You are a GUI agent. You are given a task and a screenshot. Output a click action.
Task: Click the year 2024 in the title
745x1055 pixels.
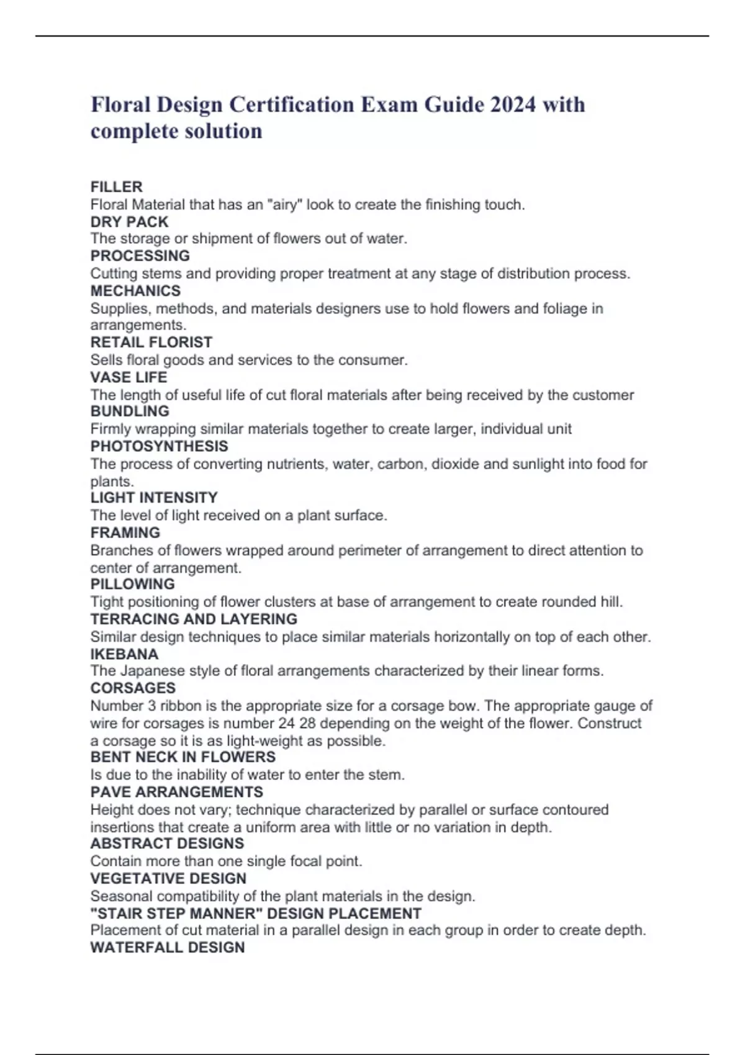point(513,104)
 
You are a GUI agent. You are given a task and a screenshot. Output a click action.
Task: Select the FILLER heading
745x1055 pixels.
point(117,187)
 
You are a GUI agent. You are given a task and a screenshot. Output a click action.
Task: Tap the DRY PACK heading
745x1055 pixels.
point(129,222)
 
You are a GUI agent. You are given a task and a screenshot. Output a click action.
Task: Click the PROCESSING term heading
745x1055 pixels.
point(140,256)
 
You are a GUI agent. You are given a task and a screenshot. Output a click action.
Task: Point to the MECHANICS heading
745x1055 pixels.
point(135,290)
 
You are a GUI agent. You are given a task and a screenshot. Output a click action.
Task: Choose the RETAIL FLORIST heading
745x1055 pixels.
point(151,342)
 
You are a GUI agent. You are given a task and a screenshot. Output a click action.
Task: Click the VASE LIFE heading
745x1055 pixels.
point(129,377)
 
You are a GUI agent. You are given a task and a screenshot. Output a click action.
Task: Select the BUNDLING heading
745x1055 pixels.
point(130,411)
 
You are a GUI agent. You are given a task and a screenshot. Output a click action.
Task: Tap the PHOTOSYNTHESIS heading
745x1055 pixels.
point(159,446)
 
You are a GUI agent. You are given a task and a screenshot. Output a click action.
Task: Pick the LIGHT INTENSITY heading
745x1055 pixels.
point(154,497)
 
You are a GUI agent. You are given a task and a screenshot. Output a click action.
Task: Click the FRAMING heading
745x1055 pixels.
point(125,532)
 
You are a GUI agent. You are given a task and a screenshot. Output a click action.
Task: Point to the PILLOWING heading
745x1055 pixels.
point(132,583)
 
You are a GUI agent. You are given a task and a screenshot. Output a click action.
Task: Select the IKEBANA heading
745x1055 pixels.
point(124,653)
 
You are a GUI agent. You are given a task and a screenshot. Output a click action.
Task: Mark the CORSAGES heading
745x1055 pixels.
point(133,688)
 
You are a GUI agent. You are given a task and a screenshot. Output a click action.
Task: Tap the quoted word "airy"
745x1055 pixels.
point(285,205)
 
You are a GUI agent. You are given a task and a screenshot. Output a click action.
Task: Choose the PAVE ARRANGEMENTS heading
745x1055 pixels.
point(176,792)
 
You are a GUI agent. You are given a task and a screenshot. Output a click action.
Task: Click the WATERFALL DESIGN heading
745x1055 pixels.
point(168,947)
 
